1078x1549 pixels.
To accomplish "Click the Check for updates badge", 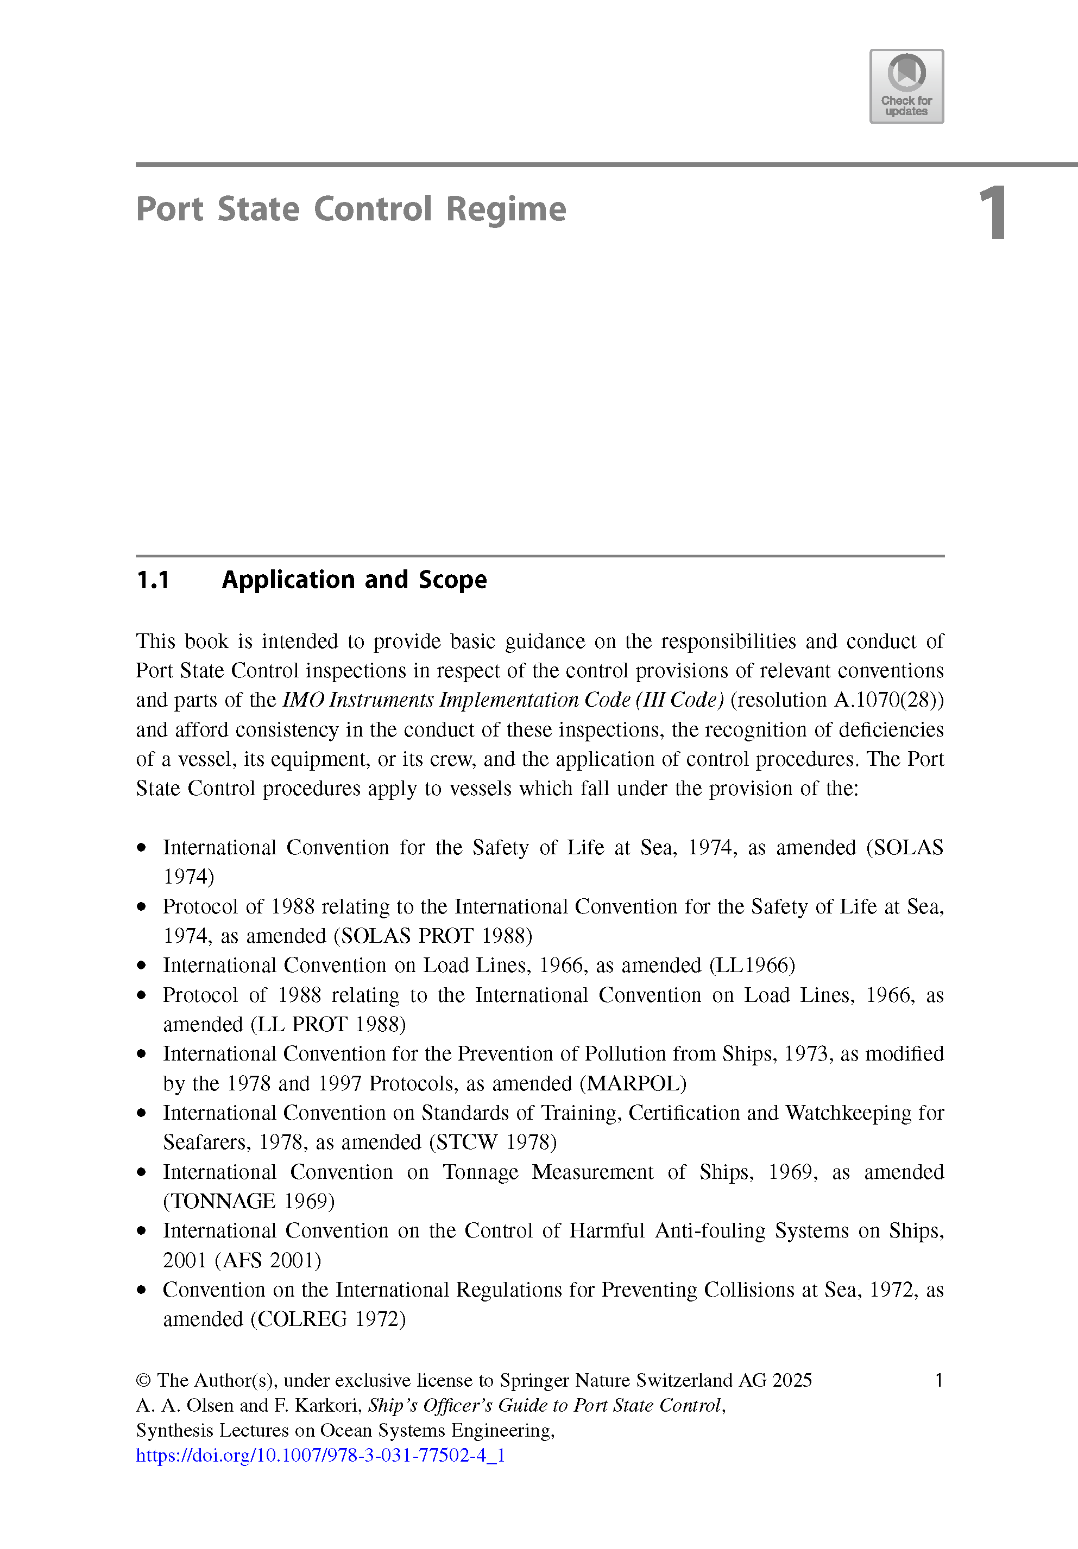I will (906, 86).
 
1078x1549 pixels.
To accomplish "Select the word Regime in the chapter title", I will (506, 209).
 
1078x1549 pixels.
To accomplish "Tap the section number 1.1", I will (153, 580).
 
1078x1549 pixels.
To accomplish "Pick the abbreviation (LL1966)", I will (752, 966).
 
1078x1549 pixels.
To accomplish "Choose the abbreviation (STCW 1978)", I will (493, 1142).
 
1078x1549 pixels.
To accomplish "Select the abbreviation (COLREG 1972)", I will (328, 1319).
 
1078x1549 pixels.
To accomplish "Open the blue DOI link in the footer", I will (320, 1455).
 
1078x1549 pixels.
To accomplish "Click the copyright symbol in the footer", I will (143, 1380).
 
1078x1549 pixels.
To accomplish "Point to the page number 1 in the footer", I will (938, 1380).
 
